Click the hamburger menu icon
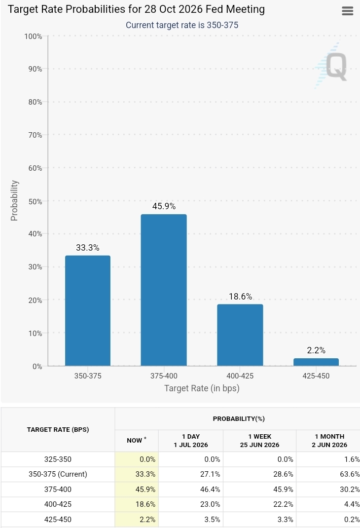coord(347,11)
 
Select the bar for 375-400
coord(164,290)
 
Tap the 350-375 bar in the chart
coord(88,310)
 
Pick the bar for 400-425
coord(240,335)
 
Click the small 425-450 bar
coord(316,362)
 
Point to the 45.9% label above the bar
coord(164,206)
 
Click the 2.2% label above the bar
coord(316,350)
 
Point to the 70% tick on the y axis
coord(36,135)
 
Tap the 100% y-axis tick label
coord(34,36)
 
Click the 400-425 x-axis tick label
coord(240,376)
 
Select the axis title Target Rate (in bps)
coord(202,388)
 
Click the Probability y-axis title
coord(14,201)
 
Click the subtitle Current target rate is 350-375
coord(182,25)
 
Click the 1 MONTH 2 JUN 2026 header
coord(329,441)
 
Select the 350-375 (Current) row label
coord(58,474)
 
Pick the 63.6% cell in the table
coord(350,474)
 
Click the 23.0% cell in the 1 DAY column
coord(210,504)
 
